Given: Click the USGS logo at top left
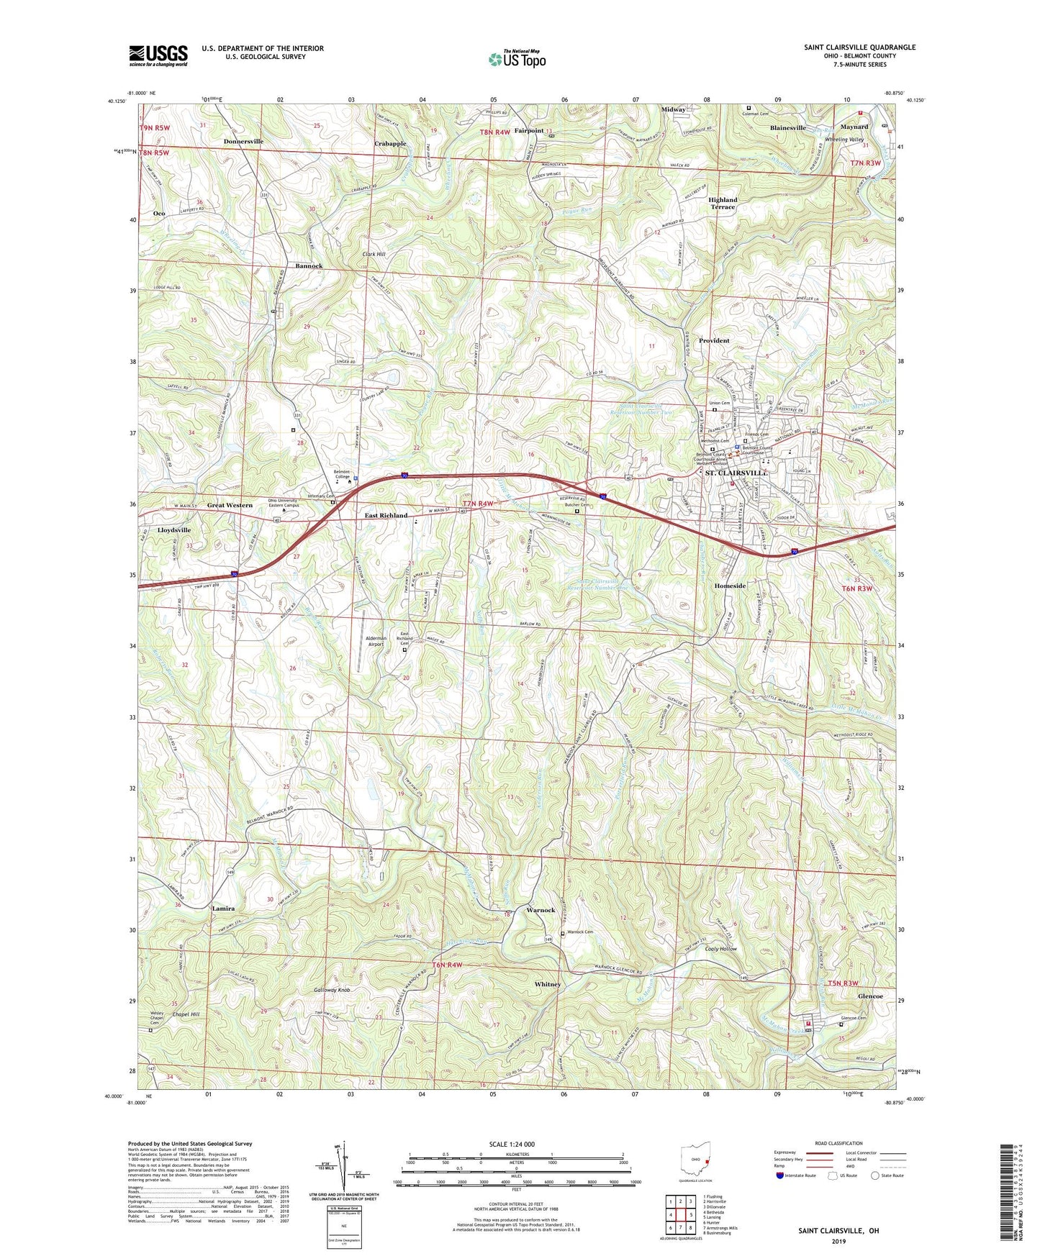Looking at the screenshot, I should (158, 55).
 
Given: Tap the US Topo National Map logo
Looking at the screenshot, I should (516, 59).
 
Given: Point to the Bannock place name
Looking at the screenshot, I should (309, 266).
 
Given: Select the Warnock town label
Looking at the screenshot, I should (541, 910).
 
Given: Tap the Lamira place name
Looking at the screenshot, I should (224, 909).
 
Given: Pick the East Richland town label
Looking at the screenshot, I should (385, 516).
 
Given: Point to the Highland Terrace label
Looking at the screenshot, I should (723, 204).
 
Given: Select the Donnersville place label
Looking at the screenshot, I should (243, 142).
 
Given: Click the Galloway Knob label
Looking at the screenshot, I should (332, 991).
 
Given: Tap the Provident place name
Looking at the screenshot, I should (714, 341).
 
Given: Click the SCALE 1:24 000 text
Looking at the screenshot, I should (512, 1144).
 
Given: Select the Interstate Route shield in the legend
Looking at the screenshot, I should (781, 1175).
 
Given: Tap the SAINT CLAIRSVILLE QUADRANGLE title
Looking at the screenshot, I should (859, 47).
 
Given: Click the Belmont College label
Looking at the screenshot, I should (341, 475).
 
